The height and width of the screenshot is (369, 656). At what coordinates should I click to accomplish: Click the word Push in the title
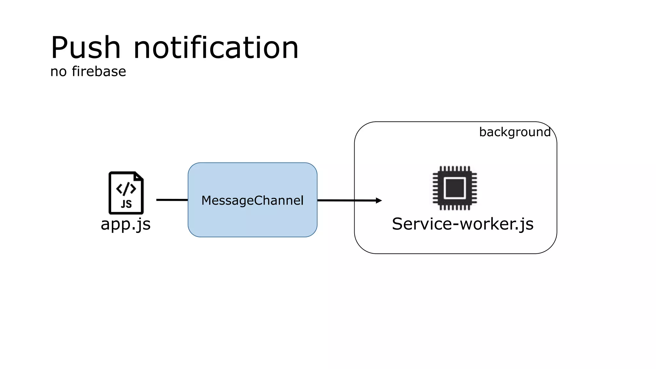tap(86, 48)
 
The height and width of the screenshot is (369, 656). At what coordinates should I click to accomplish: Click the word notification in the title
tap(216, 48)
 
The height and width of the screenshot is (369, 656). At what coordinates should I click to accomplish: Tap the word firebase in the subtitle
tap(99, 71)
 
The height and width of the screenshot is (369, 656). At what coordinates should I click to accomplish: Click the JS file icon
tap(126, 193)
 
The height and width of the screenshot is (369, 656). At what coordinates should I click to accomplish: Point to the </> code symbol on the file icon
tap(126, 189)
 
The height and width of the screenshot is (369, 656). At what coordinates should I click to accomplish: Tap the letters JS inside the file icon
tap(126, 204)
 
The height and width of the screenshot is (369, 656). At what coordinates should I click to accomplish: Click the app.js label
tap(126, 224)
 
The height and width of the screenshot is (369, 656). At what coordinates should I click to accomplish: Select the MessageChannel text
tap(252, 201)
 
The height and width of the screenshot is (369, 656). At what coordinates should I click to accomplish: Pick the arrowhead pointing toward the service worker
tap(379, 201)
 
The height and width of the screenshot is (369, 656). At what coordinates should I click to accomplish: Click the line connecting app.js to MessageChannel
tap(172, 200)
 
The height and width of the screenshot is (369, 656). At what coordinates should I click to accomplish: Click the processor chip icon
tap(455, 188)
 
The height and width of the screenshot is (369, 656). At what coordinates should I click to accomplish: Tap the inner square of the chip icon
tap(455, 188)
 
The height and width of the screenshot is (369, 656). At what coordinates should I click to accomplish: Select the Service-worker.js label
tap(463, 224)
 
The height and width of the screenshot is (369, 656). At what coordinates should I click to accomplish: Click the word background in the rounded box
tap(515, 132)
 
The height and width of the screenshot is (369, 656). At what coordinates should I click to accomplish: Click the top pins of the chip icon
tap(455, 169)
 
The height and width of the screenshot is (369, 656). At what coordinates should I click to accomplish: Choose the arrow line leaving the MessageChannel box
tap(346, 201)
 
